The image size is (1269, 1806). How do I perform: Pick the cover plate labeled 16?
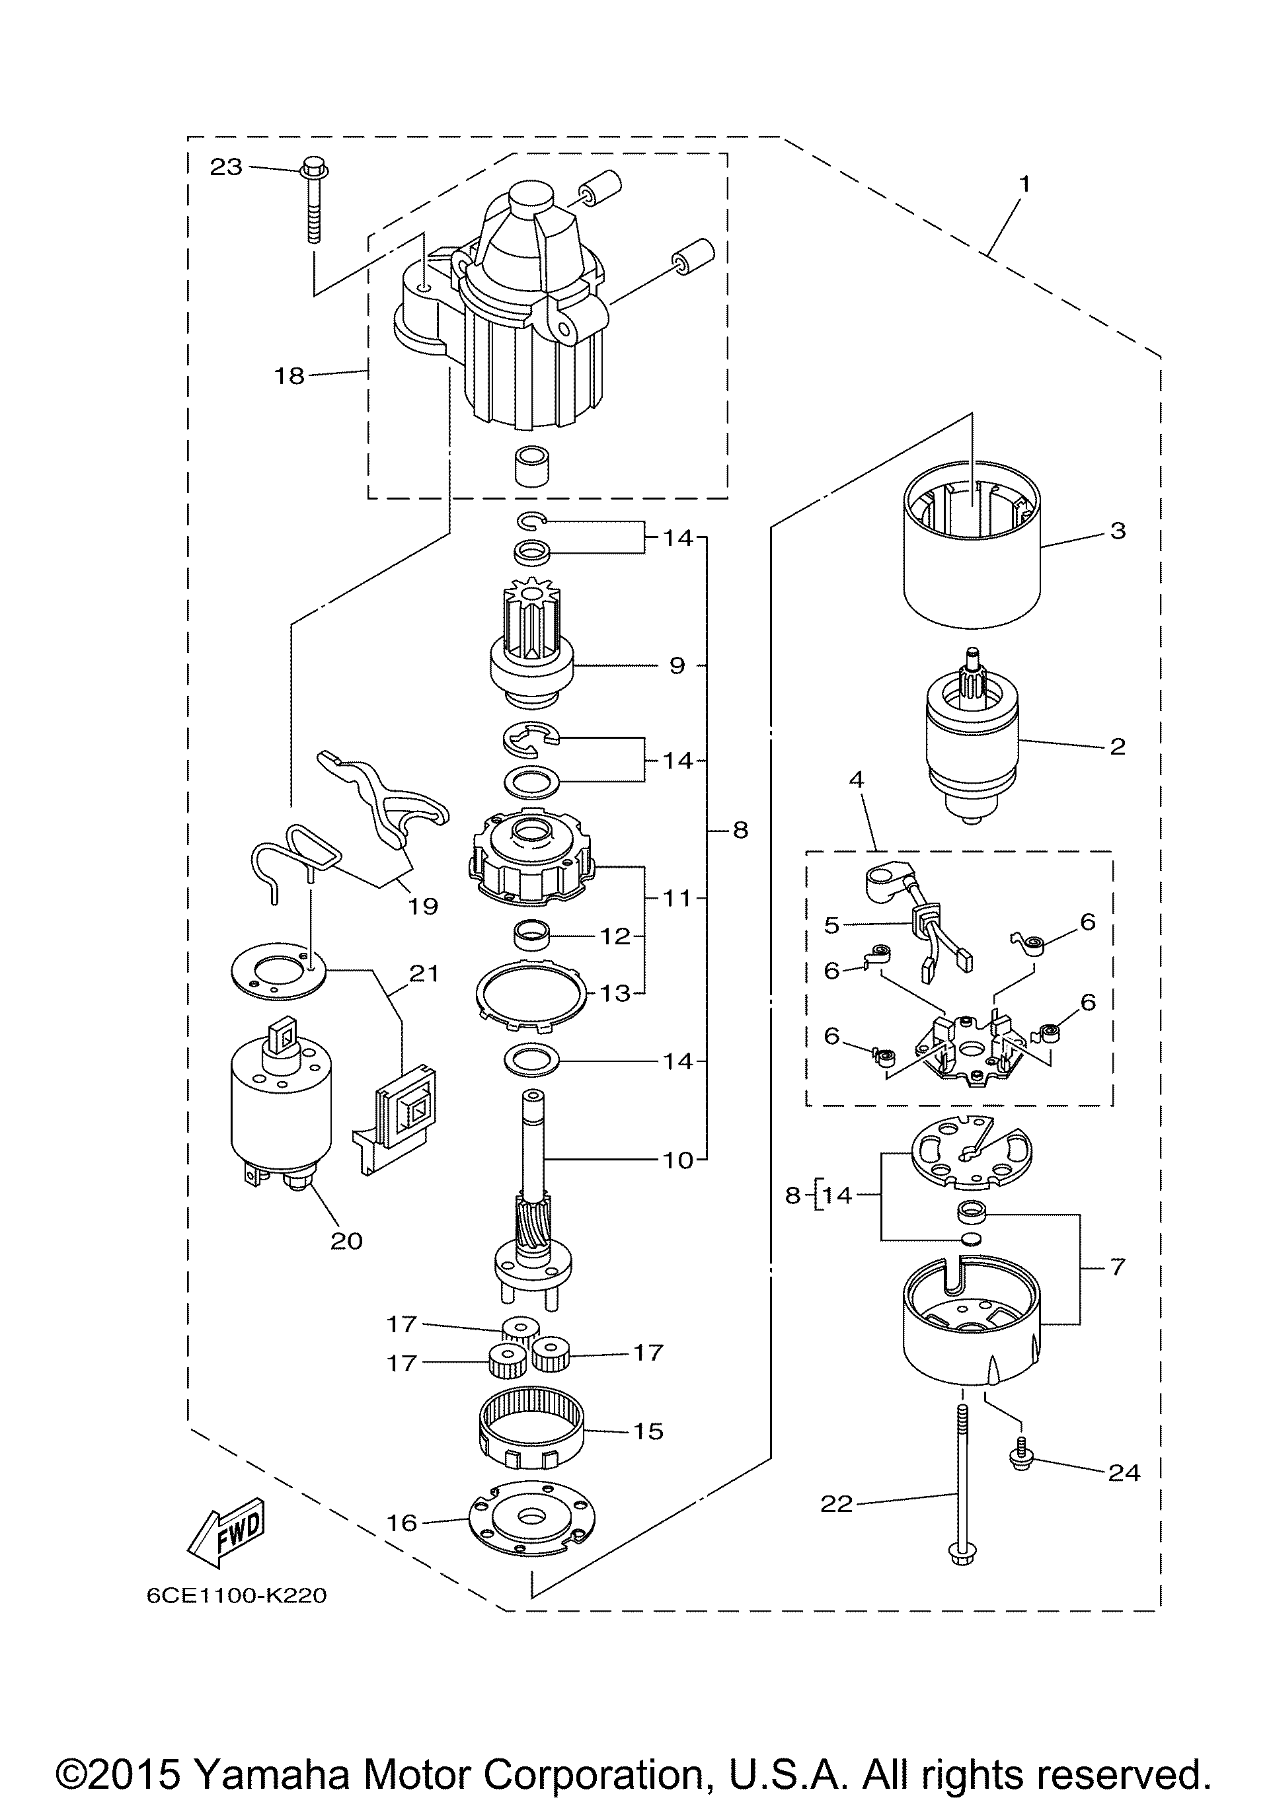[x=532, y=1526]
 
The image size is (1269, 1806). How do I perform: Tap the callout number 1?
[x=1024, y=184]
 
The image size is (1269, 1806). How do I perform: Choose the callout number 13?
[x=616, y=993]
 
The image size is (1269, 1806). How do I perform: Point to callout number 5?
[x=832, y=925]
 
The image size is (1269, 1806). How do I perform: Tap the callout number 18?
[x=289, y=376]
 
